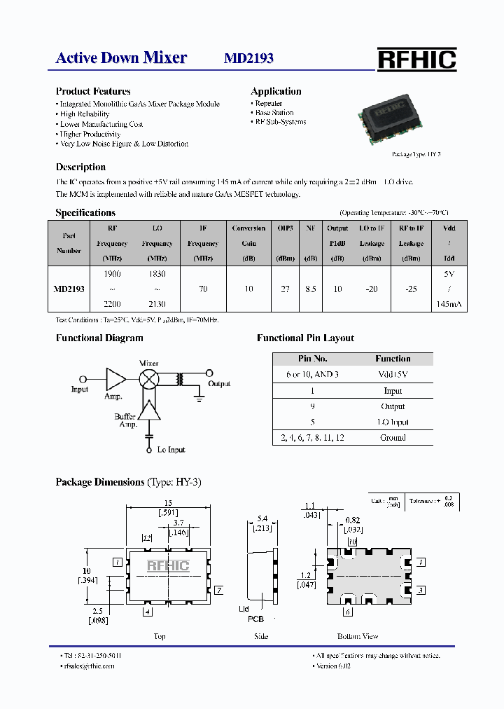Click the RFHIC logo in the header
coord(416,60)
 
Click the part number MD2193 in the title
coord(248,59)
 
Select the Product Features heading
coord(93,91)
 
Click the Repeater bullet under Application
coord(269,103)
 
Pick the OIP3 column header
coord(285,228)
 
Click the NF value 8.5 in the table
coord(310,289)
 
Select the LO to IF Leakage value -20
coord(372,289)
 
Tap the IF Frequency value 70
coord(203,289)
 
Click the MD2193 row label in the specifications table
coord(69,289)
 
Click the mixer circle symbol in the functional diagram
coord(149,378)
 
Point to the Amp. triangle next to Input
coord(115,378)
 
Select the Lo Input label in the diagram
coord(171,450)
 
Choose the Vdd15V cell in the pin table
coord(393,374)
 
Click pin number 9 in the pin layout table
coord(312,406)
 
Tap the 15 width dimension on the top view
coord(168,503)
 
